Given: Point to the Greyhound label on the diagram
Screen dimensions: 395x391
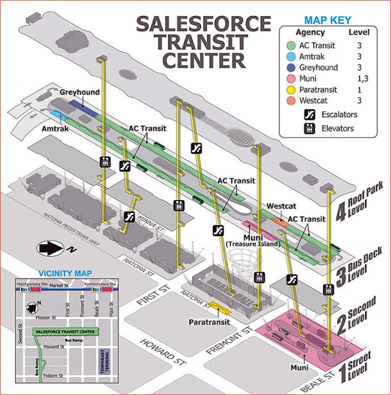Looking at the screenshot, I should pos(80,93).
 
